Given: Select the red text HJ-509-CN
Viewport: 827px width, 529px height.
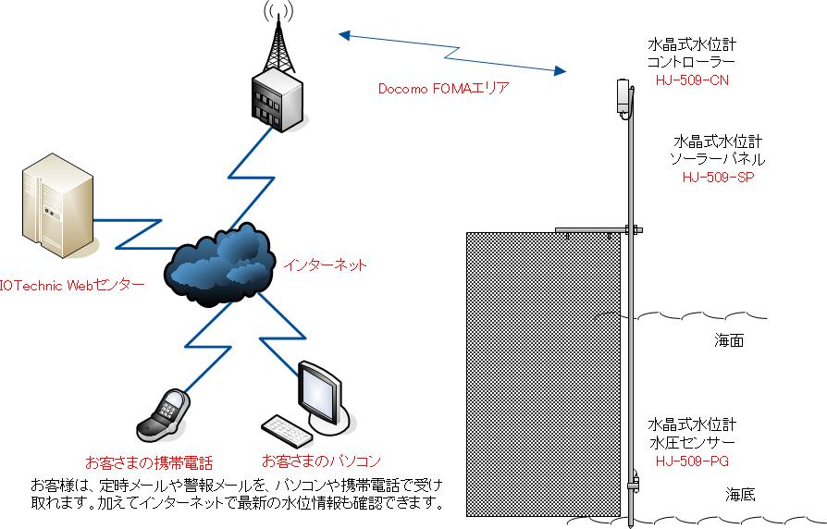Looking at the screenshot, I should pyautogui.click(x=691, y=80).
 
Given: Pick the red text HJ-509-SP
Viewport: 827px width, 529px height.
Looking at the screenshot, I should pyautogui.click(x=717, y=177).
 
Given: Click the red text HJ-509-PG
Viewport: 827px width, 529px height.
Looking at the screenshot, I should pyautogui.click(x=692, y=460).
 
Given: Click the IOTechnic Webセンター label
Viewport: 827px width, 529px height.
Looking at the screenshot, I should pyautogui.click(x=71, y=285).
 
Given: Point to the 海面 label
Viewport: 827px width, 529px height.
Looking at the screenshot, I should pyautogui.click(x=729, y=340).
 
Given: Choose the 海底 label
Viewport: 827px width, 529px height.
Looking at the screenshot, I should pyautogui.click(x=740, y=494).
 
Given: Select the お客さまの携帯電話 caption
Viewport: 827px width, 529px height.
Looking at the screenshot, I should pyautogui.click(x=149, y=461).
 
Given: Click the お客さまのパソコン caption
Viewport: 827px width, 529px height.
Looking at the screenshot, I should pyautogui.click(x=321, y=460).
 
